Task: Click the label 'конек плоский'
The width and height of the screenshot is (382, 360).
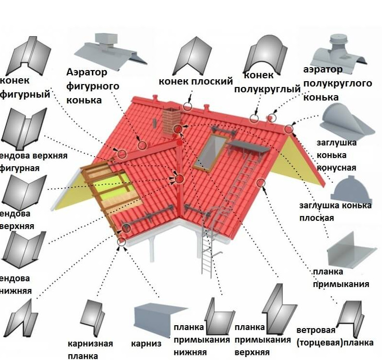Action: [x=196, y=81]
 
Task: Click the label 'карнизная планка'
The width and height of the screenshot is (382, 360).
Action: [x=90, y=349]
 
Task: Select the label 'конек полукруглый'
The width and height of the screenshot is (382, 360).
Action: [x=267, y=83]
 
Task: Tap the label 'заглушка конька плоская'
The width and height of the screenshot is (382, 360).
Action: [x=335, y=211]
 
